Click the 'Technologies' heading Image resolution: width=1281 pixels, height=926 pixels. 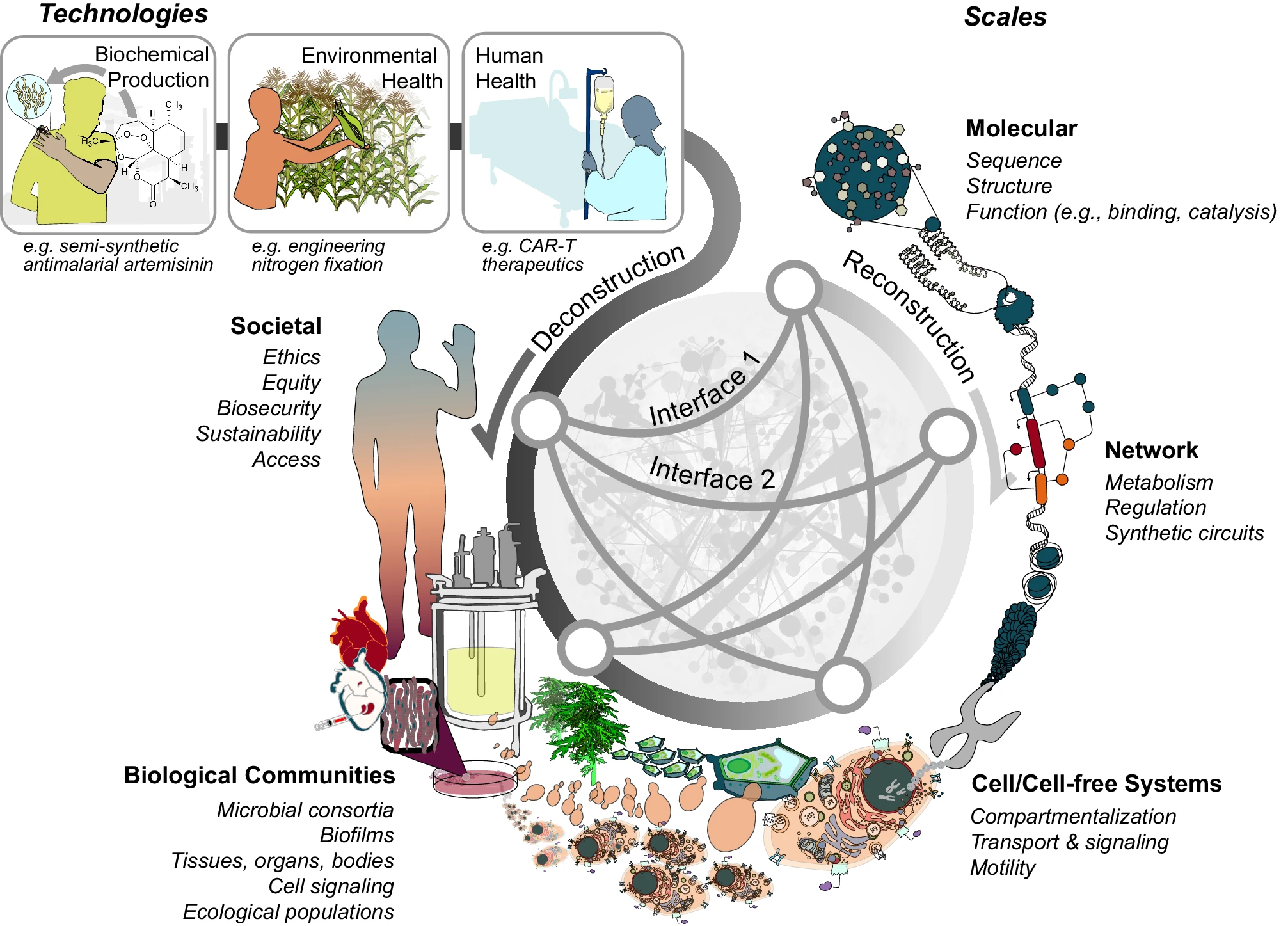point(123,14)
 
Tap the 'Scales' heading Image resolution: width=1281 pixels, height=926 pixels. point(1005,17)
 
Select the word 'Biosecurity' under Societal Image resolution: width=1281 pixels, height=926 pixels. point(269,408)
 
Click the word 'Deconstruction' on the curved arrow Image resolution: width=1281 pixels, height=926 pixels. point(608,298)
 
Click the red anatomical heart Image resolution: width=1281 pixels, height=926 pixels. point(358,634)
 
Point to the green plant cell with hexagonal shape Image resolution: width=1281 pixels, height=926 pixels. point(761,768)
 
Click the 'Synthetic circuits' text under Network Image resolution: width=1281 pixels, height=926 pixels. point(1184,533)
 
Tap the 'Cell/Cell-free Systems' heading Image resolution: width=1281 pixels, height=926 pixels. point(1096,784)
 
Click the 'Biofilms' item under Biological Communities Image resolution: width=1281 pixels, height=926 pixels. point(356,836)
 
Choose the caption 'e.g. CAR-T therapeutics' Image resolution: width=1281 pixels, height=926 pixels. point(532,255)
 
